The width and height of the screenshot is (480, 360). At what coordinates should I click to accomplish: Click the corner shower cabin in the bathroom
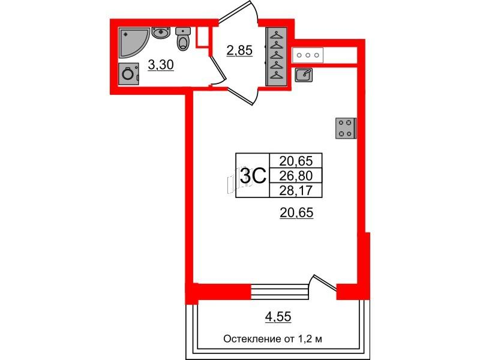click(132, 41)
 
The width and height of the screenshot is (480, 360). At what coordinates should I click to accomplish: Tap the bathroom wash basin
click(161, 33)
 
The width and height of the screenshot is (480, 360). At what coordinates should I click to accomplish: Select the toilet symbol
click(183, 39)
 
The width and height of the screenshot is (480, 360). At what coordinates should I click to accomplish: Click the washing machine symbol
click(128, 74)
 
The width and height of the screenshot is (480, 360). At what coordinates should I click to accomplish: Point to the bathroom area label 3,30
click(161, 65)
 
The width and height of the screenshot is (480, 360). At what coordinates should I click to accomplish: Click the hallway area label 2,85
click(239, 50)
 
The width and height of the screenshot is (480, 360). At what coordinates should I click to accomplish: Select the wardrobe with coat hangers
click(277, 56)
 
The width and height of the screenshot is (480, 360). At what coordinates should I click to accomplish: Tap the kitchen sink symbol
click(304, 74)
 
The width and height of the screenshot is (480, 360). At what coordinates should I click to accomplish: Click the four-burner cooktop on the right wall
click(346, 128)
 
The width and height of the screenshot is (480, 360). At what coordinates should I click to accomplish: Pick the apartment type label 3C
click(253, 175)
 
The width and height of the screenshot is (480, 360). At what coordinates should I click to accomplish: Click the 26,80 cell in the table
click(296, 175)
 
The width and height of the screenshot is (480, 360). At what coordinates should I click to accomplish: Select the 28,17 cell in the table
click(296, 190)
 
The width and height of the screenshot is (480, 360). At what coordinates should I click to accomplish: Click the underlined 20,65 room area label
click(296, 212)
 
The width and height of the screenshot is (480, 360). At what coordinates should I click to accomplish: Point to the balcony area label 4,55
click(278, 317)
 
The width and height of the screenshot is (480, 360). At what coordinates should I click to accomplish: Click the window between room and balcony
click(279, 292)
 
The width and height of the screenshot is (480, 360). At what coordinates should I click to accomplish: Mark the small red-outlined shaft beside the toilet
click(202, 37)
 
